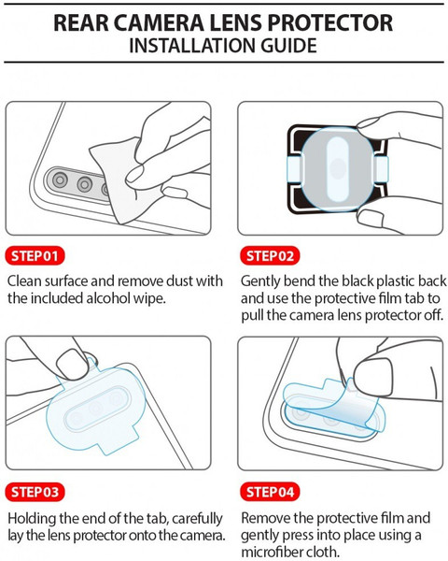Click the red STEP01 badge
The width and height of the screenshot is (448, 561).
click(x=35, y=256)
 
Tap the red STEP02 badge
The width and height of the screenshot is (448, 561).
click(x=270, y=256)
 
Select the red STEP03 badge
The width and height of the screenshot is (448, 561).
click(x=35, y=492)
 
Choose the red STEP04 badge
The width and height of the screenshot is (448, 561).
click(x=270, y=492)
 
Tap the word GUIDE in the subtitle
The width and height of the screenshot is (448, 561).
click(x=288, y=46)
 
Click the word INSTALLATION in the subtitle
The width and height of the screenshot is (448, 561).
click(x=192, y=46)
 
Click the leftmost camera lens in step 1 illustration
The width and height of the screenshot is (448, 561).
click(x=60, y=180)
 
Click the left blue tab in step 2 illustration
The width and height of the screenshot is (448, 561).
click(x=295, y=169)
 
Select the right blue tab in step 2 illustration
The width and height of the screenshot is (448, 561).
click(x=381, y=169)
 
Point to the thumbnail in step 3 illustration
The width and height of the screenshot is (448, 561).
click(x=73, y=365)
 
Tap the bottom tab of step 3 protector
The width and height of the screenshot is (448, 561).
click(x=119, y=442)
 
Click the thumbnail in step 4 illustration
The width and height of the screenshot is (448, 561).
click(x=373, y=377)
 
